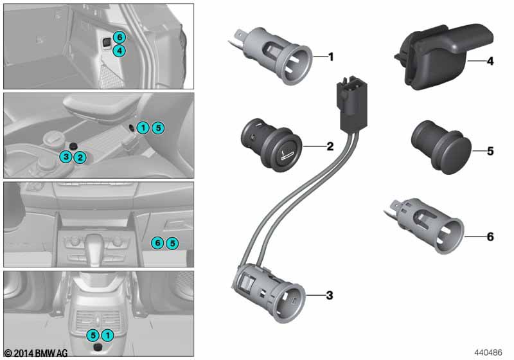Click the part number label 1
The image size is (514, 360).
(331, 57)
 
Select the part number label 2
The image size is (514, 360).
(330, 147)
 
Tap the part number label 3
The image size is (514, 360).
(330, 296)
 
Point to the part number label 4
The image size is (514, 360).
(490, 62)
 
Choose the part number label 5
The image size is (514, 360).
(490, 152)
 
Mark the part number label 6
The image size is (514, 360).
(490, 237)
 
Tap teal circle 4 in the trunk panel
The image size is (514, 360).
(120, 50)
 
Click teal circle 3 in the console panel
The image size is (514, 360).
(66, 157)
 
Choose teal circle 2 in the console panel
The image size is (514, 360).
(79, 157)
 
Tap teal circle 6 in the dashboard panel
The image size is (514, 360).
(157, 243)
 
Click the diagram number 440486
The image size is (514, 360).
(490, 352)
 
